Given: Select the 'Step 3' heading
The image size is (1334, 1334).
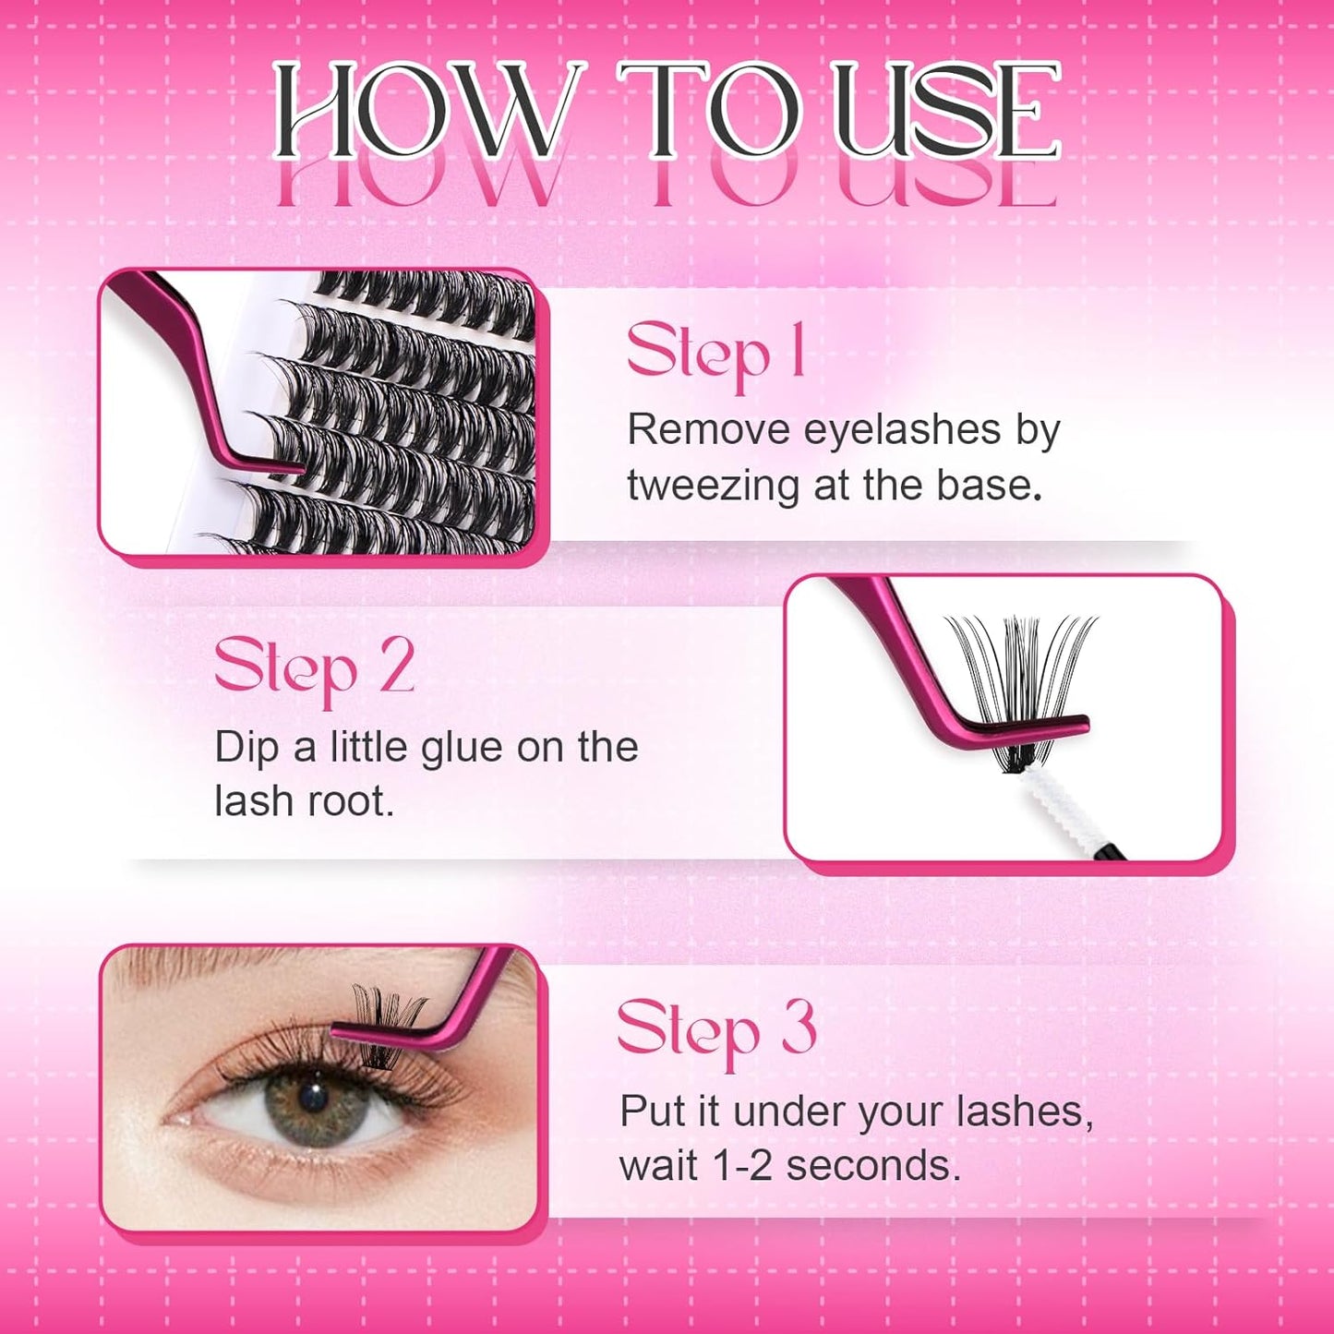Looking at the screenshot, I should tap(716, 1030).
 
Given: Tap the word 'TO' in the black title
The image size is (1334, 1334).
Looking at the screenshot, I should tap(711, 111).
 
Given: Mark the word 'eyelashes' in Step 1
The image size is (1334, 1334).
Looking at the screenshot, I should tap(902, 429).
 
